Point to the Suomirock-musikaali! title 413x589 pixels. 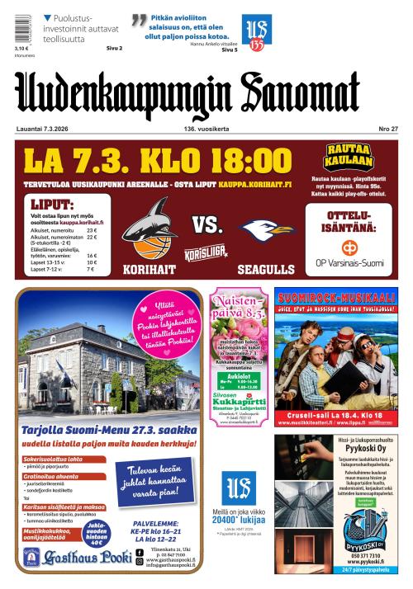(335, 295)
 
